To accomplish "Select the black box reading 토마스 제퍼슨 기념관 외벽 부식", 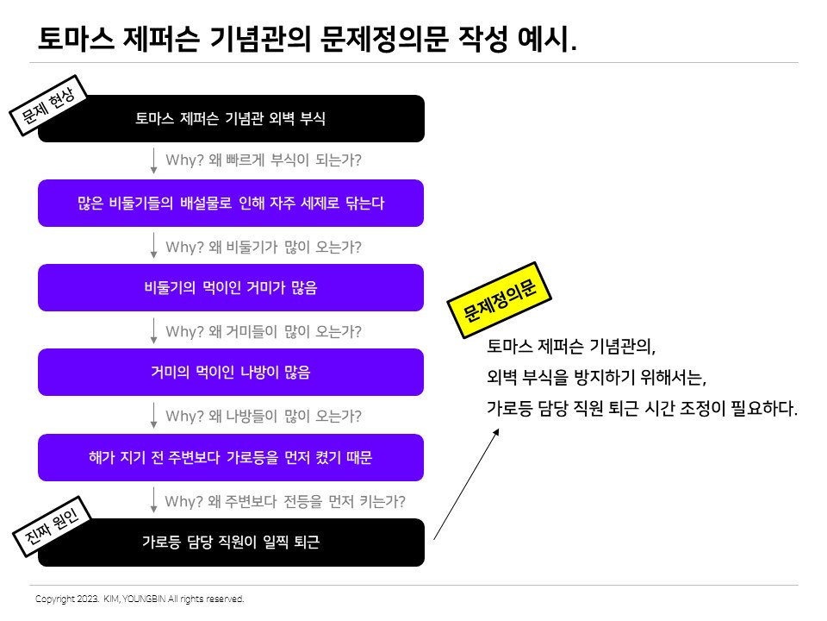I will click(231, 118).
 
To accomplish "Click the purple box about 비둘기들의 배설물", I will click(231, 204).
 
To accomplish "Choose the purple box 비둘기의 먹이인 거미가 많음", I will click(231, 288).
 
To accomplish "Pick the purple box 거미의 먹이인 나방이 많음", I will click(231, 373).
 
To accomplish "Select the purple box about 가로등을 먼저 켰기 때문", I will click(231, 458).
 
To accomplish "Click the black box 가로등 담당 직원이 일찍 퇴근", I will click(231, 543).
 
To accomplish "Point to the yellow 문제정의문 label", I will click(500, 302).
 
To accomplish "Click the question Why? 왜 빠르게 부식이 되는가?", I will click(263, 160).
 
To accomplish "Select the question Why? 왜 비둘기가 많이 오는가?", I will click(263, 247).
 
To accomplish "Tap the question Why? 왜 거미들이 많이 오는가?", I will click(263, 331).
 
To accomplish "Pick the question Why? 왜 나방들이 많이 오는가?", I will click(263, 416).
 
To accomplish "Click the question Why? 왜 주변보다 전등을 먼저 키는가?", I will click(284, 500).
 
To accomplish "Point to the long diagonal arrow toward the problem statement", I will click(466, 484).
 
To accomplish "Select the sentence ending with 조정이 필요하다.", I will click(642, 408).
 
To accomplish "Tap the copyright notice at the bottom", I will click(140, 599).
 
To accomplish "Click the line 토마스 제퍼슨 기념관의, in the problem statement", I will click(571, 348).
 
